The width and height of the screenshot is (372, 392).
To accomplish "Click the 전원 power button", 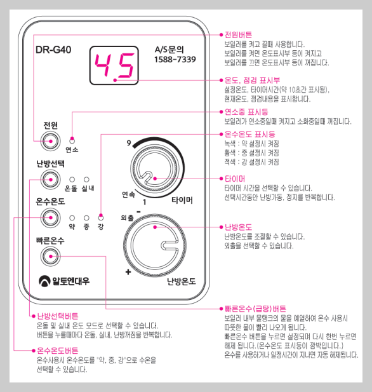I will coord(50,140).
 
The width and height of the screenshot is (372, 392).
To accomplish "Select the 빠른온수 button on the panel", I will coord(50,256).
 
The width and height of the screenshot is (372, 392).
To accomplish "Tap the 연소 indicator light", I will coord(72,140).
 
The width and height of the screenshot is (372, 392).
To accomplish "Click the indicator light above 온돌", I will coord(72,180).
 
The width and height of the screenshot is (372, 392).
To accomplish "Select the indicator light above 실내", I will coord(87,180).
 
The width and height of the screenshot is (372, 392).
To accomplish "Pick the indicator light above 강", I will coord(100,217).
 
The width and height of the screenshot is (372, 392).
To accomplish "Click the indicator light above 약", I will coord(72,217).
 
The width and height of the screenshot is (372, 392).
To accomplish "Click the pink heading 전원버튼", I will coord(238,34).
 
